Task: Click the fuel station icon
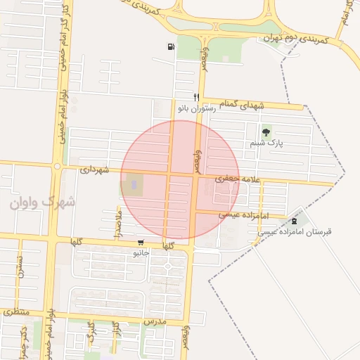tap(172, 47)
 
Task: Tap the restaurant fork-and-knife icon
tap(196, 97)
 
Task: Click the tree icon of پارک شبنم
tap(266, 131)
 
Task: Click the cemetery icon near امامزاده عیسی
tap(294, 221)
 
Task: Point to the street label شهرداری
tap(95, 169)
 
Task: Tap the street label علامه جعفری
tap(238, 180)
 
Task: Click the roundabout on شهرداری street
tap(57, 167)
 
